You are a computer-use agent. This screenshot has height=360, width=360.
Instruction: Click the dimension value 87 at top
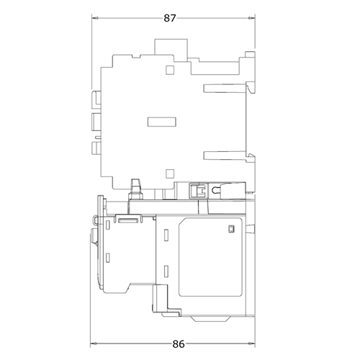pyautogui.click(x=170, y=18)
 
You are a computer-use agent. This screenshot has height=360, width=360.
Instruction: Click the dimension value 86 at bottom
pyautogui.click(x=179, y=344)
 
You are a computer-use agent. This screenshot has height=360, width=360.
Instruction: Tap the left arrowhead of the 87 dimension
pyautogui.click(x=95, y=18)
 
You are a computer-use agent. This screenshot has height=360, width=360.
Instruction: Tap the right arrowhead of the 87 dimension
pyautogui.click(x=252, y=18)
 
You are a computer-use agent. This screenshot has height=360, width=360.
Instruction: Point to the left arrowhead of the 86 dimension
pyautogui.click(x=94, y=344)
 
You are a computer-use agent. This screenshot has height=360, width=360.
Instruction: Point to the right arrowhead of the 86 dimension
pyautogui.click(x=252, y=344)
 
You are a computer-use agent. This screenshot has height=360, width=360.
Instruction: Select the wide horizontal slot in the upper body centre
pyautogui.click(x=162, y=122)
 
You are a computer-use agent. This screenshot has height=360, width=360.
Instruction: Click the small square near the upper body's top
pyautogui.click(x=170, y=70)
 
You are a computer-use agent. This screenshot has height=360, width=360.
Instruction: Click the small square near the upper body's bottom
pyautogui.click(x=170, y=174)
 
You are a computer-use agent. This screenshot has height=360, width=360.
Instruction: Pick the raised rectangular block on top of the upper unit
pyautogui.click(x=171, y=48)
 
